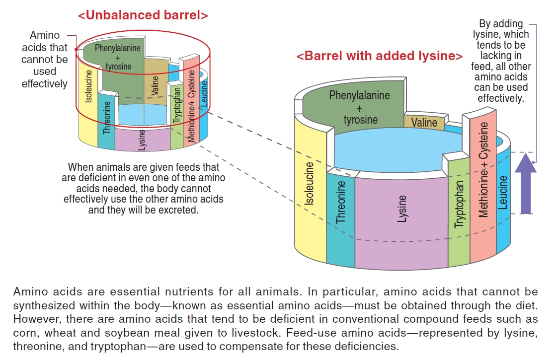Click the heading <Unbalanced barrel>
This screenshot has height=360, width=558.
point(143,15)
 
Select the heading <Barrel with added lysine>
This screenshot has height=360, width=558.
point(380,56)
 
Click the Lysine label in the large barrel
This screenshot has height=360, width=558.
point(402,209)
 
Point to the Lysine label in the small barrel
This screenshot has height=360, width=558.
point(143,140)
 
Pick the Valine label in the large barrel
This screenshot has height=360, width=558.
point(424,122)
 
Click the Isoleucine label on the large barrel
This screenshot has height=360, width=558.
point(310,184)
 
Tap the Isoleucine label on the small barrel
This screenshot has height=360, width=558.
point(89,86)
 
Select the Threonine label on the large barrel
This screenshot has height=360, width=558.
point(341,202)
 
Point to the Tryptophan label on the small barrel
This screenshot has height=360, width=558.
point(177,105)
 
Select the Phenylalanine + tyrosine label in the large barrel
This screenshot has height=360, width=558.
point(360,107)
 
